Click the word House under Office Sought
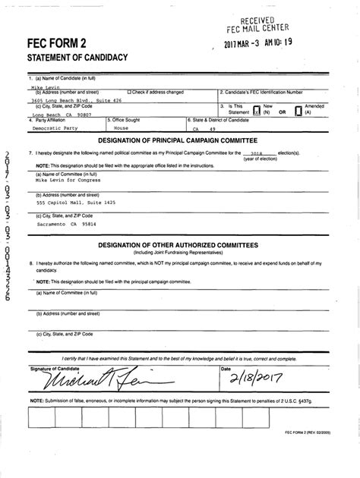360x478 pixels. click(x=117, y=130)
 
